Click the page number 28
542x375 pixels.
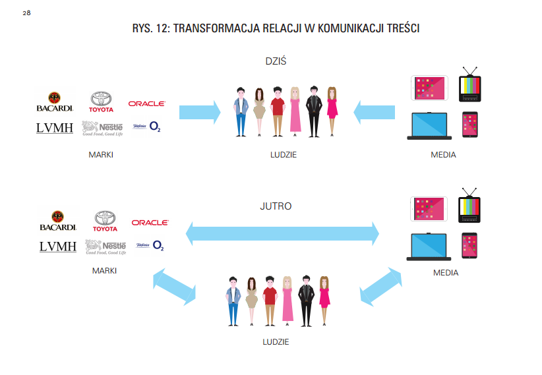pos(26,13)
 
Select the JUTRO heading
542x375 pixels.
pos(276,206)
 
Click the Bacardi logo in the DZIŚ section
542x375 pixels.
pos(55,101)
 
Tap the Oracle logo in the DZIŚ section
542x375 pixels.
pos(146,103)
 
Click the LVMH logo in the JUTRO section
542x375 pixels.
pos(57,246)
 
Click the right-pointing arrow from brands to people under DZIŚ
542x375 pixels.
pos(199,111)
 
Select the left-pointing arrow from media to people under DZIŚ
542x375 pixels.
pos(374,111)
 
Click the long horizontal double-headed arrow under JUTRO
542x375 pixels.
pos(283,233)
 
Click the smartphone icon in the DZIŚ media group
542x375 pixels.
pos(469,125)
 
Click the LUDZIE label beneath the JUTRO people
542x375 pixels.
pos(276,342)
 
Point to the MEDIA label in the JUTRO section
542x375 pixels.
pos(446,272)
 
